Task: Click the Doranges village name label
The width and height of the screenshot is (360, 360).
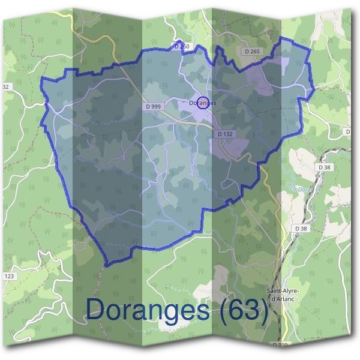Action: (x=202, y=103)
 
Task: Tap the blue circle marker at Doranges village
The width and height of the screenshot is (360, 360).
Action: (x=203, y=103)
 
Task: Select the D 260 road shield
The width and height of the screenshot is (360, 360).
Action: (x=182, y=46)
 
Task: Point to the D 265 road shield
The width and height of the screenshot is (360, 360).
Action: (x=252, y=52)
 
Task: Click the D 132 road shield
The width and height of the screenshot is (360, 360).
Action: (x=225, y=134)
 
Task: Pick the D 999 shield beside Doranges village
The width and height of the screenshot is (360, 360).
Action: (x=154, y=106)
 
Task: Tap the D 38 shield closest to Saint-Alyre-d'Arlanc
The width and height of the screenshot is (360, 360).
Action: (x=301, y=229)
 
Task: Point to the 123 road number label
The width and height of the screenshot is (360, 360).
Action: (x=8, y=276)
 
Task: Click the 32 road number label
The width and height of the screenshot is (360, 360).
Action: (x=6, y=87)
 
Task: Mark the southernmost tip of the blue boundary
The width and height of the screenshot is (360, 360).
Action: (x=106, y=265)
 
